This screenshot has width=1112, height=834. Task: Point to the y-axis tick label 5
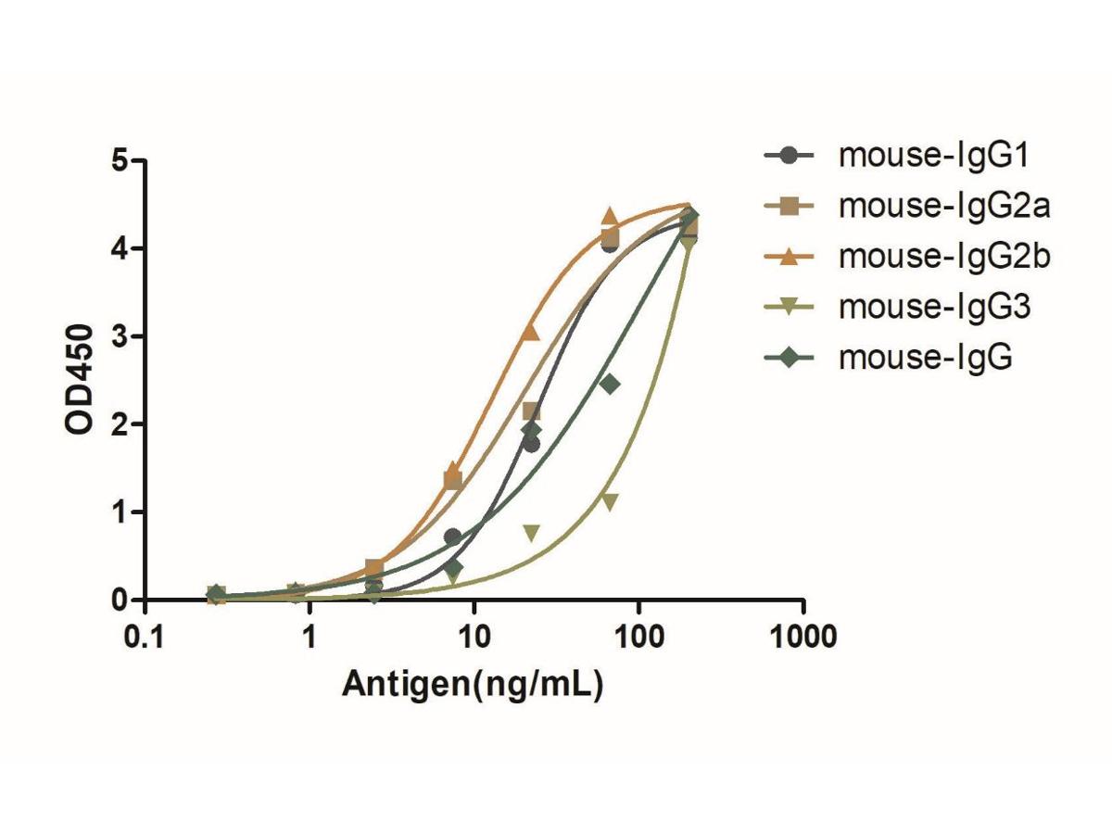coord(119,161)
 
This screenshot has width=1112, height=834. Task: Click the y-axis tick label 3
coord(119,336)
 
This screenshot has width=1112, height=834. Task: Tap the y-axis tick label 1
coord(119,512)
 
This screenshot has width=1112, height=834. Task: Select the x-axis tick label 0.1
coord(145,638)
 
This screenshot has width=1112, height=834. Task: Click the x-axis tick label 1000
coord(802,638)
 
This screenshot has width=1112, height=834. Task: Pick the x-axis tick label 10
coord(474,638)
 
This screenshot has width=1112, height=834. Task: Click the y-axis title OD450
coord(80,380)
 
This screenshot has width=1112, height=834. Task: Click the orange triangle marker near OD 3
coord(531,331)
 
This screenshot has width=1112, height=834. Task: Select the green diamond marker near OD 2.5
coord(609,384)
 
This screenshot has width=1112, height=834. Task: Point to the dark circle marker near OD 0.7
coord(452,537)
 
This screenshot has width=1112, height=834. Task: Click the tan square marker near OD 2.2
coord(532,411)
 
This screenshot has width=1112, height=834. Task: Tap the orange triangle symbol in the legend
coord(789,257)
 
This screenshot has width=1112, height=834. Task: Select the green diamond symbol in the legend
coord(789,358)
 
